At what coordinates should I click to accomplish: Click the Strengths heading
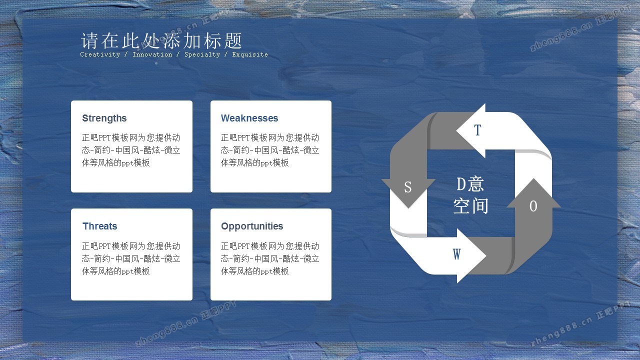pyautogui.click(x=104, y=118)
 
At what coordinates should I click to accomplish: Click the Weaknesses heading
pyautogui.click(x=249, y=118)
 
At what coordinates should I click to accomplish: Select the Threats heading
pyautogui.click(x=99, y=226)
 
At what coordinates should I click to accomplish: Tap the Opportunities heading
pyautogui.click(x=252, y=226)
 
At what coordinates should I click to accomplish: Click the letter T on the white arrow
pyautogui.click(x=477, y=130)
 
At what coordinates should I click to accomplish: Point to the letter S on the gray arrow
pyautogui.click(x=407, y=187)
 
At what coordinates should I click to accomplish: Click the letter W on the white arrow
pyautogui.click(x=456, y=254)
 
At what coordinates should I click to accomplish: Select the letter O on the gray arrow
pyautogui.click(x=533, y=206)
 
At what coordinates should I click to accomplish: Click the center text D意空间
pyautogui.click(x=470, y=195)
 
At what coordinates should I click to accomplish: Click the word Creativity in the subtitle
pyautogui.click(x=100, y=54)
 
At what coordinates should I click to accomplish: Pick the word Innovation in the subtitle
pyautogui.click(x=152, y=54)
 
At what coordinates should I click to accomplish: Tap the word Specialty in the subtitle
pyautogui.click(x=202, y=54)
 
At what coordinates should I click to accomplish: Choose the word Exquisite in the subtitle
pyautogui.click(x=250, y=54)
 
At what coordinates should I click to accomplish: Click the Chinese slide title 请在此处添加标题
pyautogui.click(x=161, y=40)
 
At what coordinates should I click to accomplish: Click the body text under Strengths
pyautogui.click(x=131, y=150)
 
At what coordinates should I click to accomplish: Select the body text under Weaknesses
pyautogui.click(x=270, y=150)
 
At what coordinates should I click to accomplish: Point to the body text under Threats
pyautogui.click(x=131, y=258)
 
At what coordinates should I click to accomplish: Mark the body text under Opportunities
pyautogui.click(x=270, y=258)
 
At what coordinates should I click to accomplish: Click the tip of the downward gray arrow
pyautogui.click(x=408, y=208)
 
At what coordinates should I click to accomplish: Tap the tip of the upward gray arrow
pyautogui.click(x=533, y=178)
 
